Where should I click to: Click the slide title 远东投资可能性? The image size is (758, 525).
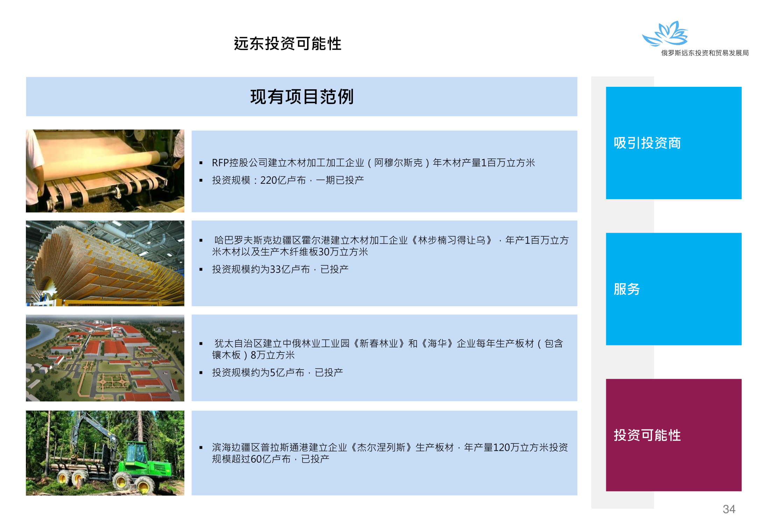click(x=288, y=44)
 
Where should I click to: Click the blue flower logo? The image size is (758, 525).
click(x=665, y=34)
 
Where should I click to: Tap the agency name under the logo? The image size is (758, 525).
click(x=704, y=53)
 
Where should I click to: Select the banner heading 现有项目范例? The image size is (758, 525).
click(x=302, y=97)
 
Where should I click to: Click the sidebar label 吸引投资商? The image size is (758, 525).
click(x=647, y=143)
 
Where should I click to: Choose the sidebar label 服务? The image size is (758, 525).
click(x=627, y=289)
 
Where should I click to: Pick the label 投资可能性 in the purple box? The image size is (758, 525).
click(x=647, y=435)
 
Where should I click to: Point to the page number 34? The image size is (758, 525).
click(x=729, y=509)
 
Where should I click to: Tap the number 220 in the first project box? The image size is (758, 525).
click(x=269, y=180)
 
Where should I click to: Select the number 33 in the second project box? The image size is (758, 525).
click(x=276, y=269)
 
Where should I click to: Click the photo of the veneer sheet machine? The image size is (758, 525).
click(x=105, y=171)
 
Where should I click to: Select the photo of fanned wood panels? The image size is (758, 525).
click(x=105, y=263)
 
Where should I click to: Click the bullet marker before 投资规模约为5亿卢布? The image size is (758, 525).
click(x=201, y=373)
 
